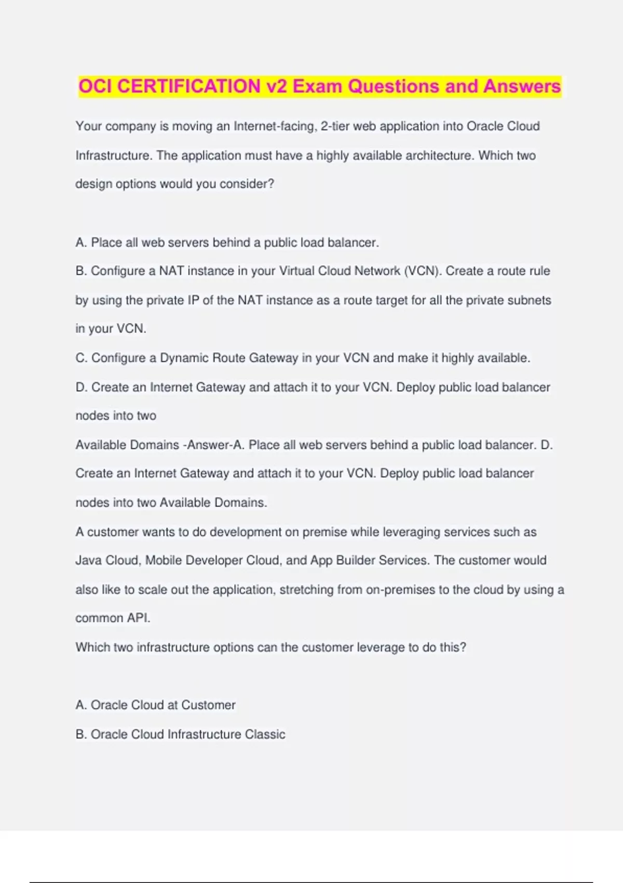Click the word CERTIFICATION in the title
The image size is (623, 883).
189,86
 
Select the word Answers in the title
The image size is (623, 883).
522,86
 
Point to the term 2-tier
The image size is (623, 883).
335,126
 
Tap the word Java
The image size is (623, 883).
88,560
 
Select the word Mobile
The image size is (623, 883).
164,560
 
